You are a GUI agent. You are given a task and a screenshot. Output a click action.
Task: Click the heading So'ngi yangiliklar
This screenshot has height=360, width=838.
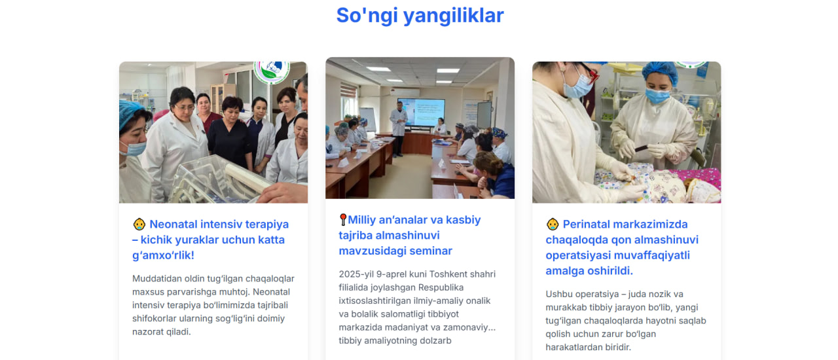point(420,15)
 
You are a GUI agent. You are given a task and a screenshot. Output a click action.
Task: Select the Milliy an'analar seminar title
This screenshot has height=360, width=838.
point(410,235)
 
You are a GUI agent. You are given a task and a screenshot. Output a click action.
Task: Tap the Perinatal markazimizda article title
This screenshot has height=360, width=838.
point(622,247)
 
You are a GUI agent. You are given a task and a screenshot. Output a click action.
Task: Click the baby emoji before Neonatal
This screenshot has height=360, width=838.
point(139,224)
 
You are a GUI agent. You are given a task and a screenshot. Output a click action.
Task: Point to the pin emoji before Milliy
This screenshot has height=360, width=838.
point(342,220)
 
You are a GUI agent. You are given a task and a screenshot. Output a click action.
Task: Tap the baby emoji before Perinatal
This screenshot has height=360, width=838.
point(552,224)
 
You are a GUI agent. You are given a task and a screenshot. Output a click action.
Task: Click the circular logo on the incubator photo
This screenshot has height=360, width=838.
point(272,71)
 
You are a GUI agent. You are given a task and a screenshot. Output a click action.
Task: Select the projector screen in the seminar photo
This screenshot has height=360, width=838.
point(426,111)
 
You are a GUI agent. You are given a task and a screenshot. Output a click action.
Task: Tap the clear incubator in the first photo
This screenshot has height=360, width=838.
point(221,179)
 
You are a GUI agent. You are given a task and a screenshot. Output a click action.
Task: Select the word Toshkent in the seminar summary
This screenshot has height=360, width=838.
point(446,274)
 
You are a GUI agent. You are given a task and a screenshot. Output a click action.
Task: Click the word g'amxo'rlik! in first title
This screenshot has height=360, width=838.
point(163,255)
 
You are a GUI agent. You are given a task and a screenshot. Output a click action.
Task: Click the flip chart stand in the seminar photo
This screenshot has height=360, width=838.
point(369,119)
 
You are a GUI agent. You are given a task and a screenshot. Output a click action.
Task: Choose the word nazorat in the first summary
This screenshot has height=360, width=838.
point(148,332)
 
